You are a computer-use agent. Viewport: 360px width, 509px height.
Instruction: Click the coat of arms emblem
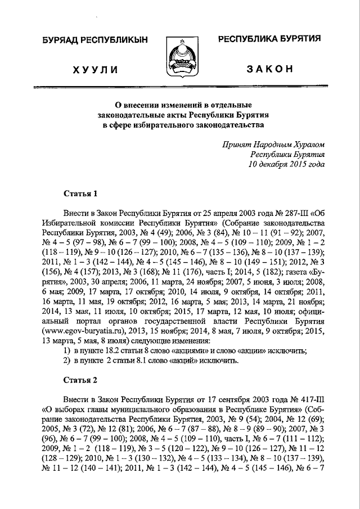[179, 57]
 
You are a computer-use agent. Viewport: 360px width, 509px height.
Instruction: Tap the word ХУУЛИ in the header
[95, 69]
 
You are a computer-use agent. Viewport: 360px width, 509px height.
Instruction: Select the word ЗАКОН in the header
[269, 68]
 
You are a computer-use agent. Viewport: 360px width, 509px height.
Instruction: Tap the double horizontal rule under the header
[179, 87]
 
